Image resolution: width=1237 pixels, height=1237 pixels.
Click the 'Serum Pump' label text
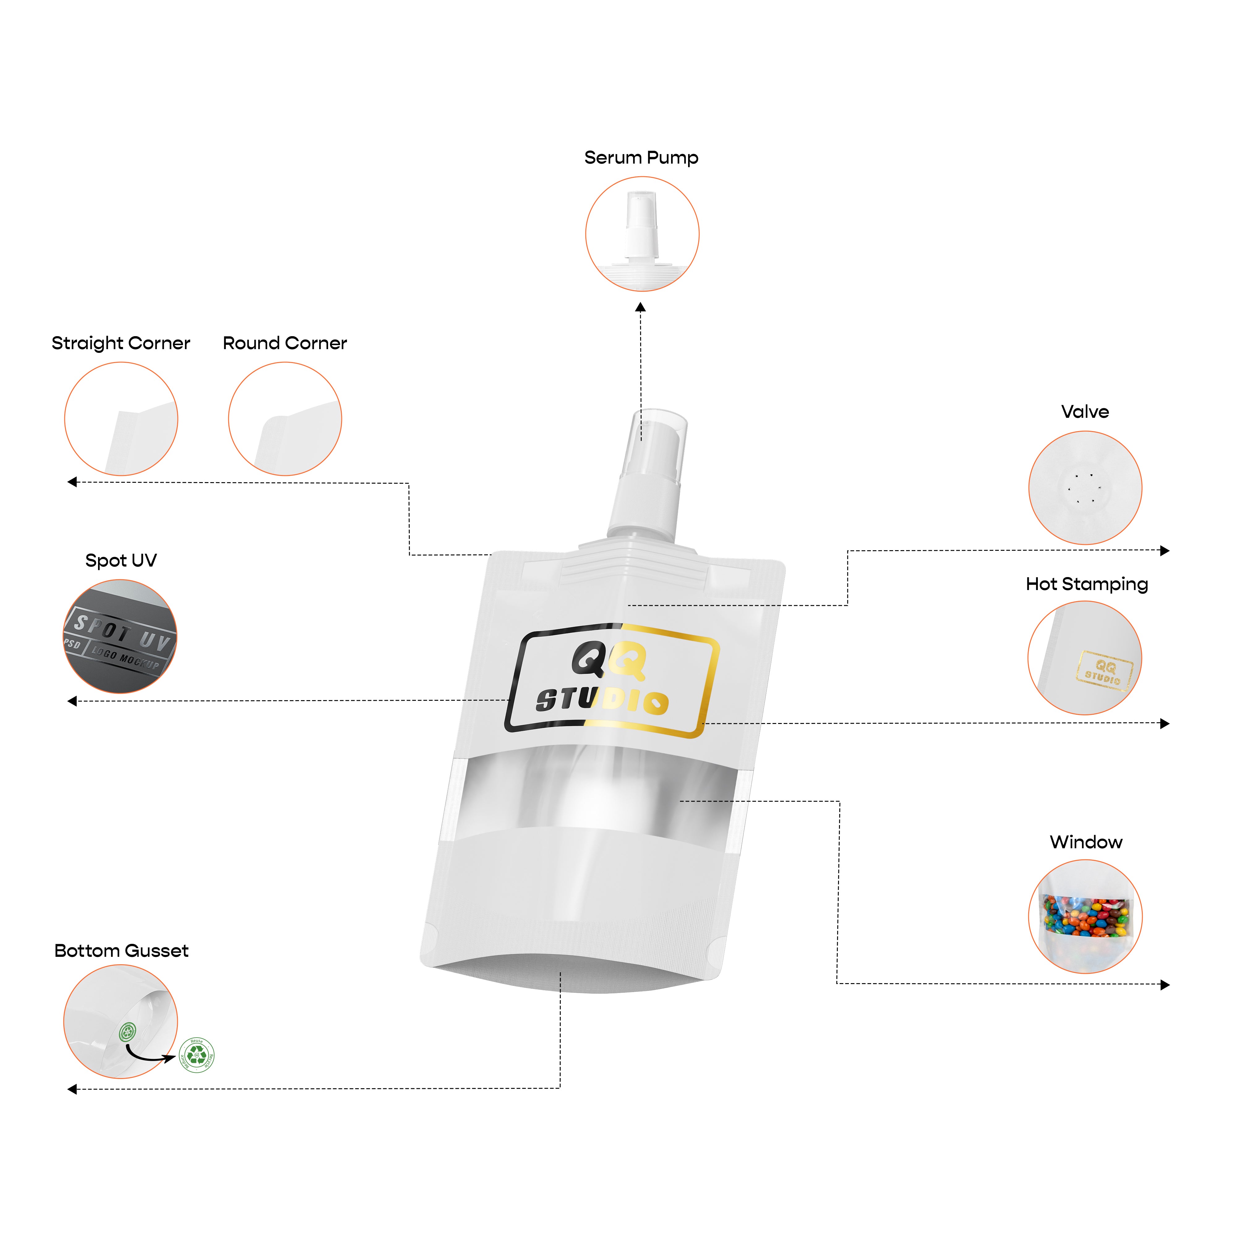[x=641, y=157]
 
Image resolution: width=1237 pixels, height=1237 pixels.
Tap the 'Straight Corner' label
[x=121, y=343]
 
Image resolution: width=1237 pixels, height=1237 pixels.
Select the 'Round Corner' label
[x=285, y=343]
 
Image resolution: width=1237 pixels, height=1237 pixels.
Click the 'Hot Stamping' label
[x=1086, y=584]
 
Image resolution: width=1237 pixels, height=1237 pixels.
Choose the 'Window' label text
[x=1086, y=842]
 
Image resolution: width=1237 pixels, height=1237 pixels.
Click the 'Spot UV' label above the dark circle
[x=121, y=560]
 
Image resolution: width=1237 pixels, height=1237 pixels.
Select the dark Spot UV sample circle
[x=120, y=636]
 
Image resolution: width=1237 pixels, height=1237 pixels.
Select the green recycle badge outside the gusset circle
[x=197, y=1055]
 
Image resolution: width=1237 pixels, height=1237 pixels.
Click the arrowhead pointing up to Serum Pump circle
[x=640, y=307]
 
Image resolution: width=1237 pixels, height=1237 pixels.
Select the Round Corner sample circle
[x=285, y=419]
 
